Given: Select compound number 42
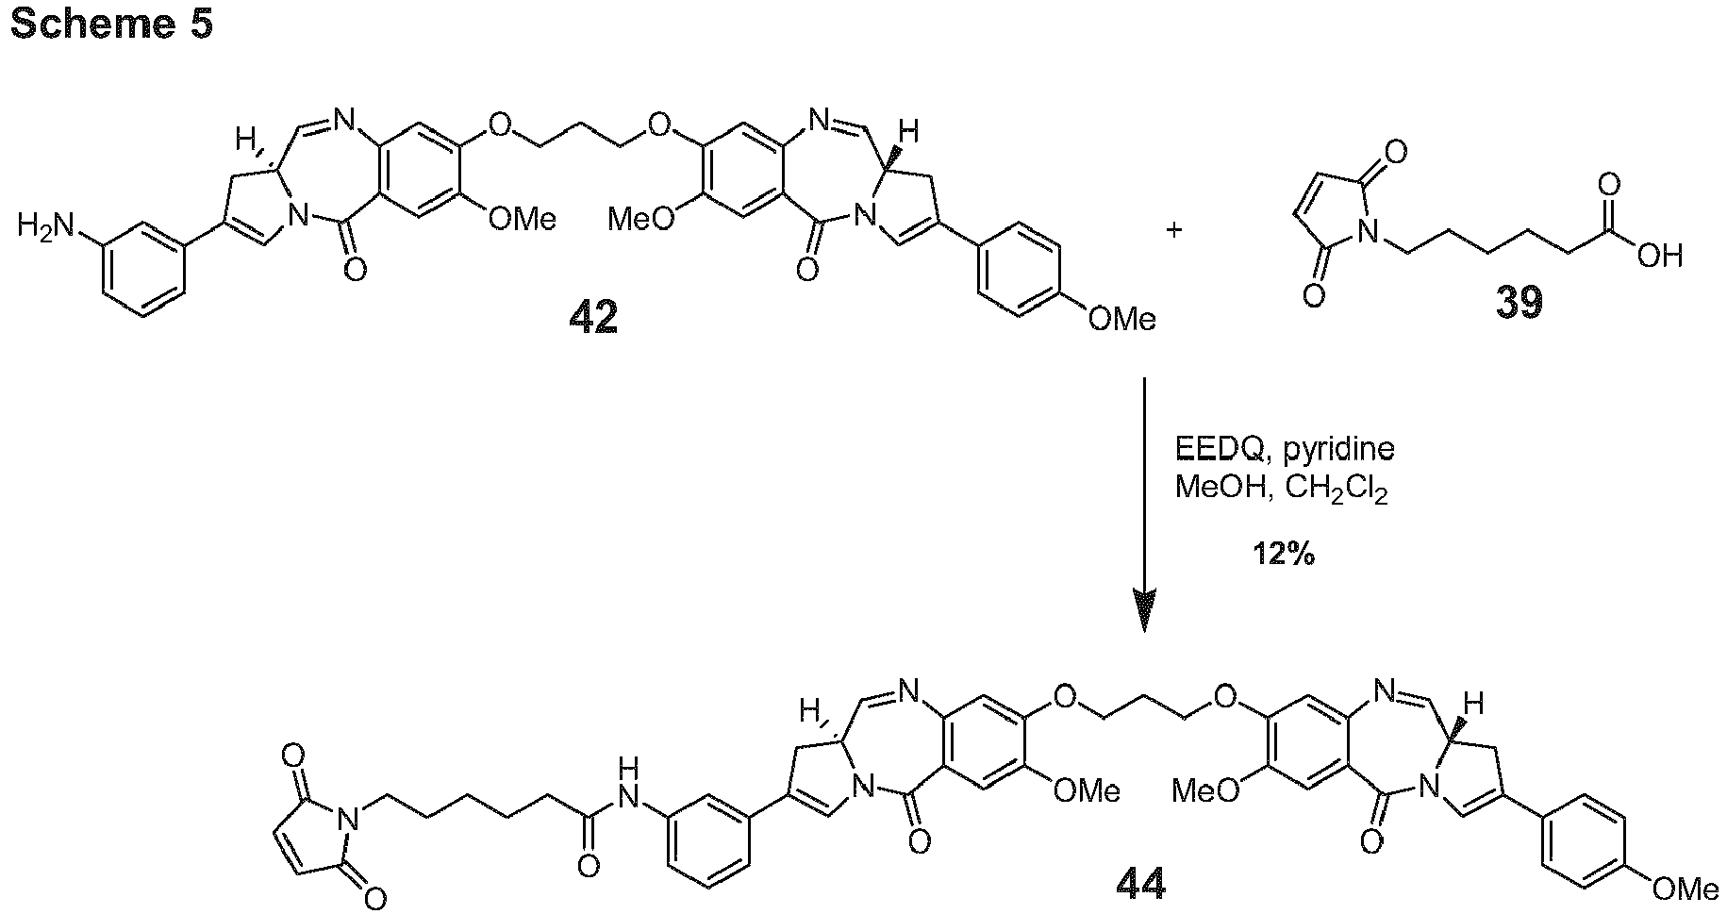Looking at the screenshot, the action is pyautogui.click(x=593, y=318).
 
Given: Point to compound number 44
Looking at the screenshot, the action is pyautogui.click(x=1140, y=883).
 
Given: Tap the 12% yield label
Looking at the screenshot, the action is pyautogui.click(x=1283, y=555).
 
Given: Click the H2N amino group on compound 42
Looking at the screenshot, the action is pyautogui.click(x=44, y=227).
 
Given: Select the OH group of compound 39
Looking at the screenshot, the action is pyautogui.click(x=1659, y=255).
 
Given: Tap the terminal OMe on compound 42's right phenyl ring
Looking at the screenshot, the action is pyautogui.click(x=1121, y=320).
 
